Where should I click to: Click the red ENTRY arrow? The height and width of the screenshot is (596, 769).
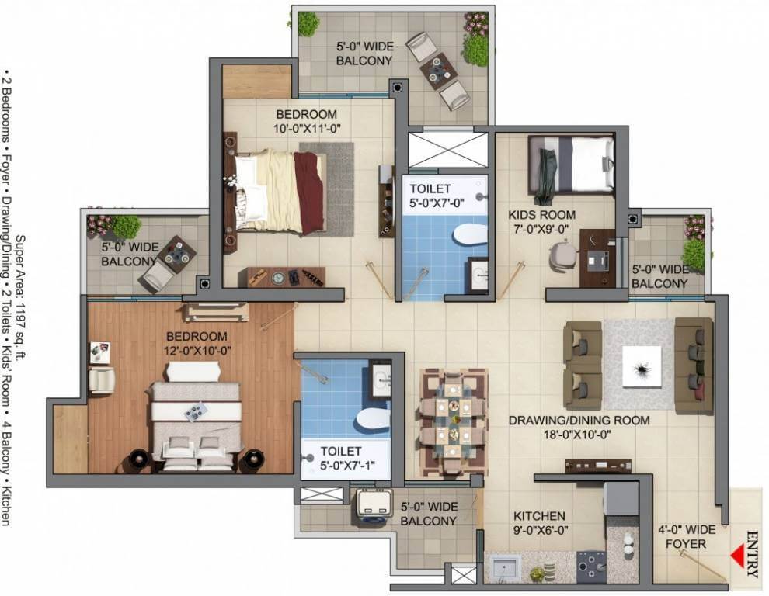click(x=736, y=556)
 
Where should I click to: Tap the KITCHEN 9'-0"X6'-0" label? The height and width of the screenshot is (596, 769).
click(x=540, y=523)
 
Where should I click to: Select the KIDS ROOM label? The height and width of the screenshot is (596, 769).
click(x=541, y=215)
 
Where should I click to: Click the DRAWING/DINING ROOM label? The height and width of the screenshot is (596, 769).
click(x=579, y=420)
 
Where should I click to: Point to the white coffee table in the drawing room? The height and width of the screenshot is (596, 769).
click(x=642, y=367)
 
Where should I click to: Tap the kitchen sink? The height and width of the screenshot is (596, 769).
click(x=505, y=569)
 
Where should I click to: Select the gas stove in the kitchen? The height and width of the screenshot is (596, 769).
click(x=591, y=567)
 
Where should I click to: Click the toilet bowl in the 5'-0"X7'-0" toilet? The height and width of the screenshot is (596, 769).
click(x=469, y=234)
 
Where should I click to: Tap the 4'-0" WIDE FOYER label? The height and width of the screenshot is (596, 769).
click(x=687, y=537)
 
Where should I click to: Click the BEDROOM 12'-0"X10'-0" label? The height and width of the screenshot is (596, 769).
click(x=197, y=343)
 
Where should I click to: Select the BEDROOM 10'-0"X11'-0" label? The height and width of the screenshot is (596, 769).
click(x=307, y=121)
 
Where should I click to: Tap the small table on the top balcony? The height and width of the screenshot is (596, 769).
click(x=438, y=71)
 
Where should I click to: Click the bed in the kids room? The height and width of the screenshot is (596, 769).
click(x=572, y=165)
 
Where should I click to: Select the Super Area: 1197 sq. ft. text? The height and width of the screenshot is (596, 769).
click(x=21, y=299)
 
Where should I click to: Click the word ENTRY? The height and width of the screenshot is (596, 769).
click(x=752, y=554)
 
